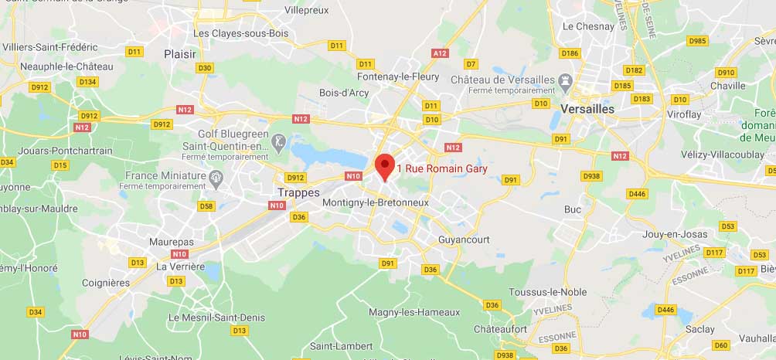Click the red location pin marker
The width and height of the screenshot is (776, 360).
(x=385, y=166)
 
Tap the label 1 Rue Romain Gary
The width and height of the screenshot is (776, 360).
(x=441, y=168)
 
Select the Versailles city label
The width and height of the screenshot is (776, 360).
(x=587, y=109)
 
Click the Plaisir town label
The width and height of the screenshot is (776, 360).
(x=180, y=54)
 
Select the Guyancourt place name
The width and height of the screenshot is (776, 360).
(x=464, y=239)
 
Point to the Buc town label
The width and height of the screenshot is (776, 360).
(x=573, y=209)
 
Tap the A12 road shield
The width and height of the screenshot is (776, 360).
(x=441, y=53)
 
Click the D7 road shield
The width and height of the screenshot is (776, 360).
(x=471, y=63)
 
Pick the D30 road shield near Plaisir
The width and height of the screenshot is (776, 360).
(x=205, y=68)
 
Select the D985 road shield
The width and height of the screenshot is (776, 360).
(x=697, y=41)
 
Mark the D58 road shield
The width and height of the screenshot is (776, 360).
(x=206, y=205)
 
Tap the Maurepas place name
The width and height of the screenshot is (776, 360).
(x=172, y=242)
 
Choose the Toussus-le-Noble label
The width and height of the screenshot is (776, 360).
(x=547, y=292)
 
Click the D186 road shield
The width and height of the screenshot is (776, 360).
(x=570, y=53)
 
